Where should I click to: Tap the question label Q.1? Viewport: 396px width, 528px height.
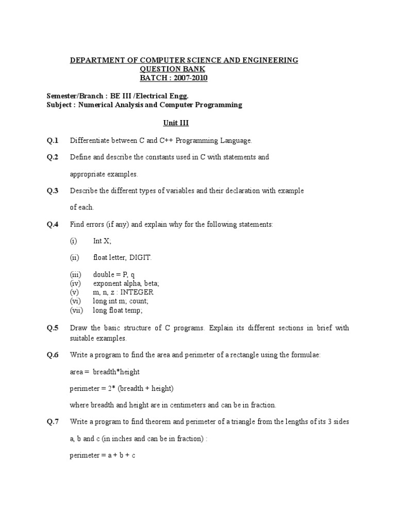point(53,140)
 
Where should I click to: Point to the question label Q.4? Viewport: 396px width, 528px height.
point(53,224)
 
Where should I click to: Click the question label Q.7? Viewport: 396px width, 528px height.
point(53,422)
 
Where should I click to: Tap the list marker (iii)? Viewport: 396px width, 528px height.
point(76,275)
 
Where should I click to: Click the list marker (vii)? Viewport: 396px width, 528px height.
point(76,310)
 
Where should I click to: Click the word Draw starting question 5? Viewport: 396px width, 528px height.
point(78,328)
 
